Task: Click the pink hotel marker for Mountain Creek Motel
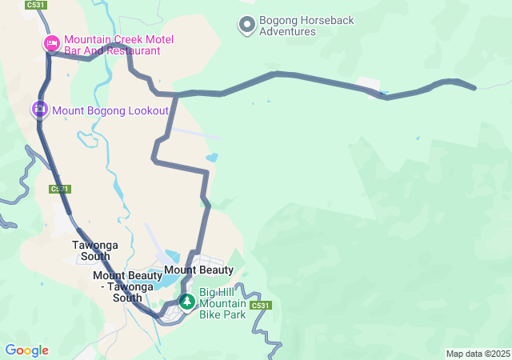[51, 42]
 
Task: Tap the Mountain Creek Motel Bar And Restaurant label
[118, 45]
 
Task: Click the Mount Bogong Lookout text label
[110, 110]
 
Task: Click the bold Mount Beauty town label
[198, 270]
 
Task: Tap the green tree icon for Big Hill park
[187, 302]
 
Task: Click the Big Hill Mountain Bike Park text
[224, 303]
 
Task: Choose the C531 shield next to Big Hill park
[261, 306]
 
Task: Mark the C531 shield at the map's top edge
[35, 5]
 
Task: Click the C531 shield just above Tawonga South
[59, 190]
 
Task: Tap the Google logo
[26, 350]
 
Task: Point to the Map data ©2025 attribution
[478, 354]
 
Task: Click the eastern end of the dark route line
[475, 87]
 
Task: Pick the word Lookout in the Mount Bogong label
[147, 110]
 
